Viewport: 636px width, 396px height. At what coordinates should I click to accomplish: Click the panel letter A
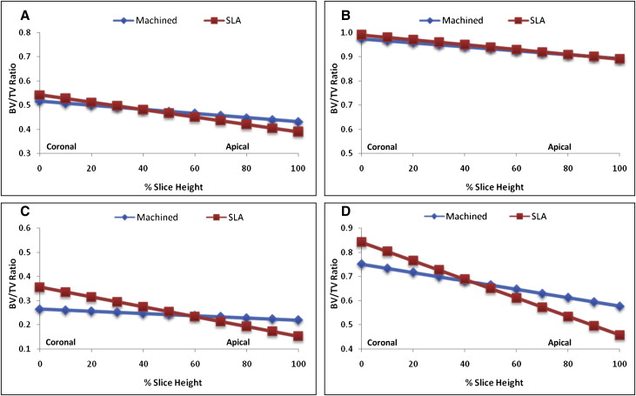point(11,13)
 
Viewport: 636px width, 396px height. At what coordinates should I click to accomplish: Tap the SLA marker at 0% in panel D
point(362,243)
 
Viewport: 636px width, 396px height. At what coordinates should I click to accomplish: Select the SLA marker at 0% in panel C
point(39,287)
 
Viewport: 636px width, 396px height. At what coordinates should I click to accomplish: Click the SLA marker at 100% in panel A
point(298,131)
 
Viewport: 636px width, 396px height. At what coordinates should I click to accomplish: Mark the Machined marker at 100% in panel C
point(298,320)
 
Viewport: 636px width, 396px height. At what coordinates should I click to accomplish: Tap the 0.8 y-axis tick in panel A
point(23,33)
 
